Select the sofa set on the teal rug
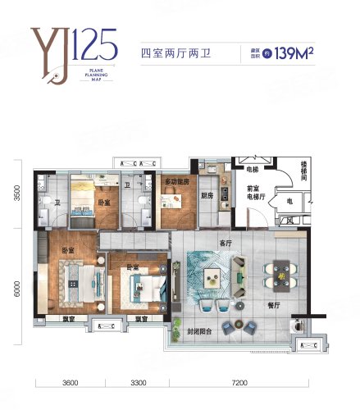(212, 271)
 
